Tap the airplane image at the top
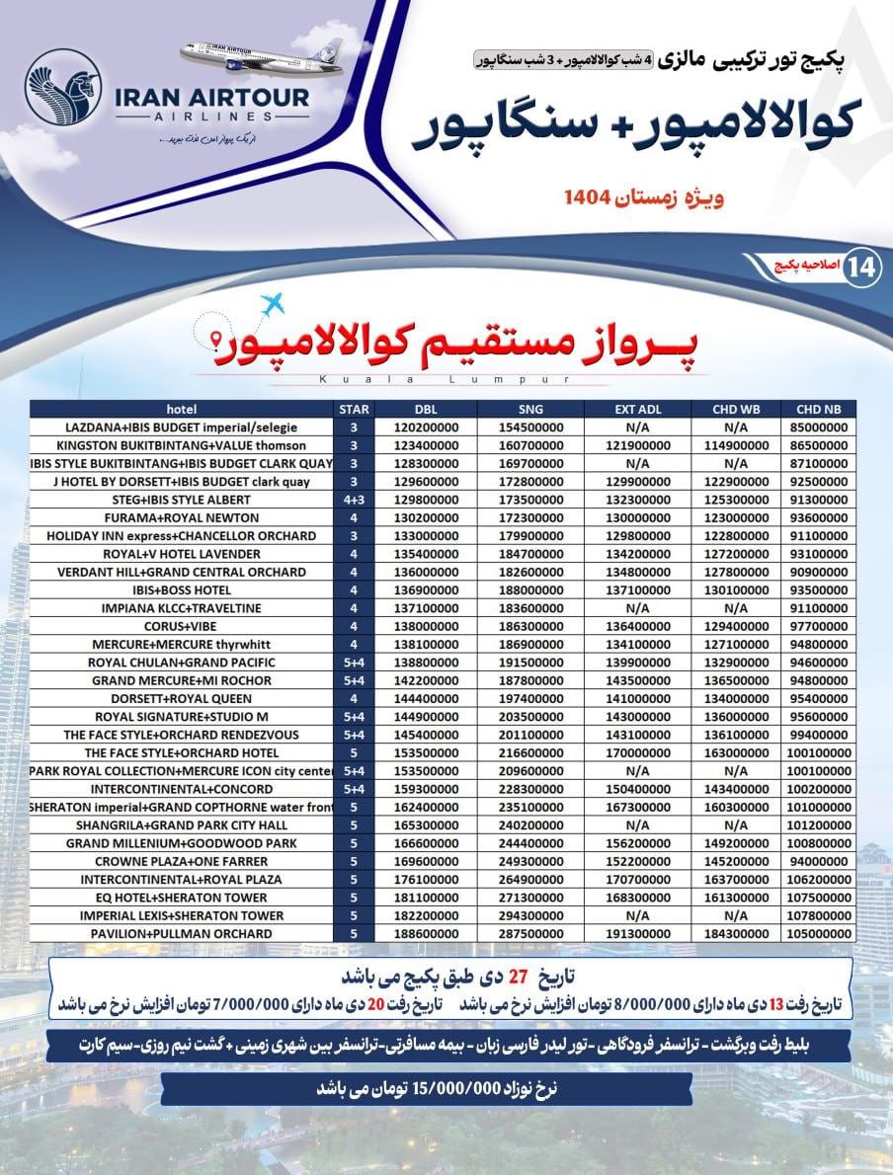pos(265,58)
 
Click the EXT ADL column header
pos(635,409)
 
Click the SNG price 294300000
pos(529,915)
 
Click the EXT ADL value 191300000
pos(635,933)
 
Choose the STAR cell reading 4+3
pos(354,500)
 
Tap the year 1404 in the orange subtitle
pos(591,198)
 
